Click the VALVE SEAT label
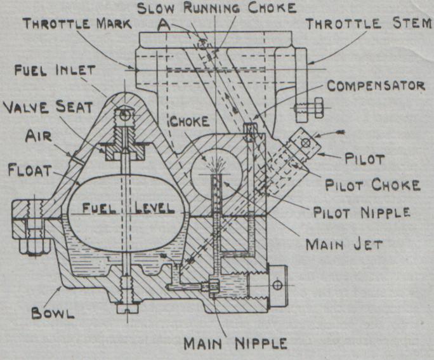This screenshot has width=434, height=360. point(42,106)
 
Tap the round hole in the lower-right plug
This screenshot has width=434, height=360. point(277,285)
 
